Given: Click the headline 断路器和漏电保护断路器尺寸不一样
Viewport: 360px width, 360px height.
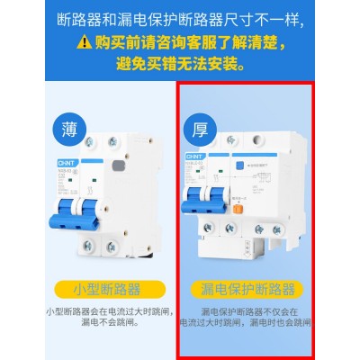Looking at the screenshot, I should coord(180,17).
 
